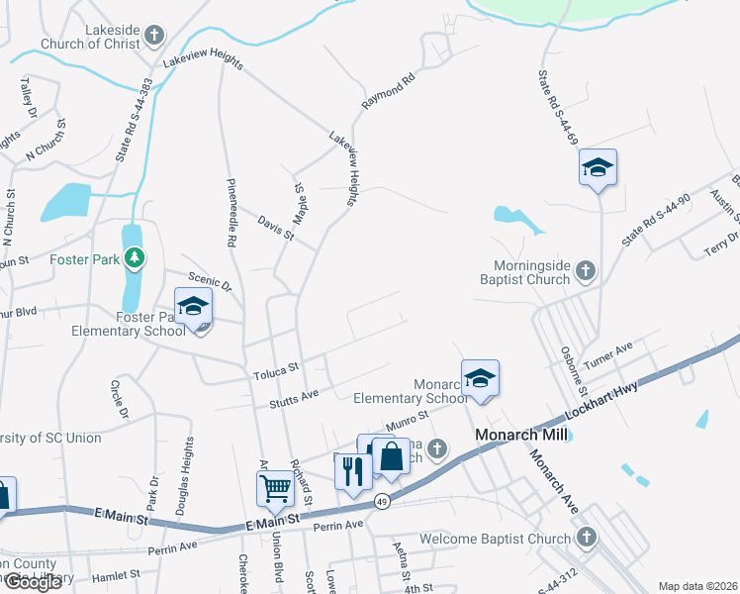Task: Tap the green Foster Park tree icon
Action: click(135, 260)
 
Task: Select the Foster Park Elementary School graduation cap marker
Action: click(194, 307)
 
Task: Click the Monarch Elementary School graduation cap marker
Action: click(480, 379)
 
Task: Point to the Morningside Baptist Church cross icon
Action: click(586, 269)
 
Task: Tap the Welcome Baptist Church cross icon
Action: click(586, 538)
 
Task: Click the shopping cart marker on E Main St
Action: click(274, 487)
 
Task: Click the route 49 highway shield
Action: click(383, 502)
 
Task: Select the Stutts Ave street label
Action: click(295, 398)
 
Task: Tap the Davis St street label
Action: click(276, 229)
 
